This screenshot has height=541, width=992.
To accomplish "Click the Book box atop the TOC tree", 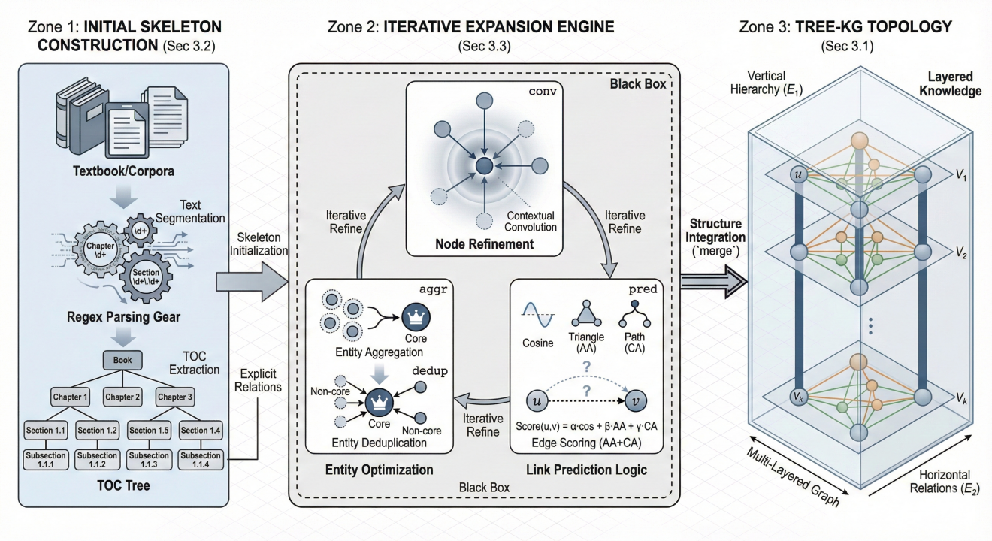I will pos(122,361).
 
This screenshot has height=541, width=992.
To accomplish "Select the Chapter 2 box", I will pos(122,396).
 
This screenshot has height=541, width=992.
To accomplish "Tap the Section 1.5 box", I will pos(152,431).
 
